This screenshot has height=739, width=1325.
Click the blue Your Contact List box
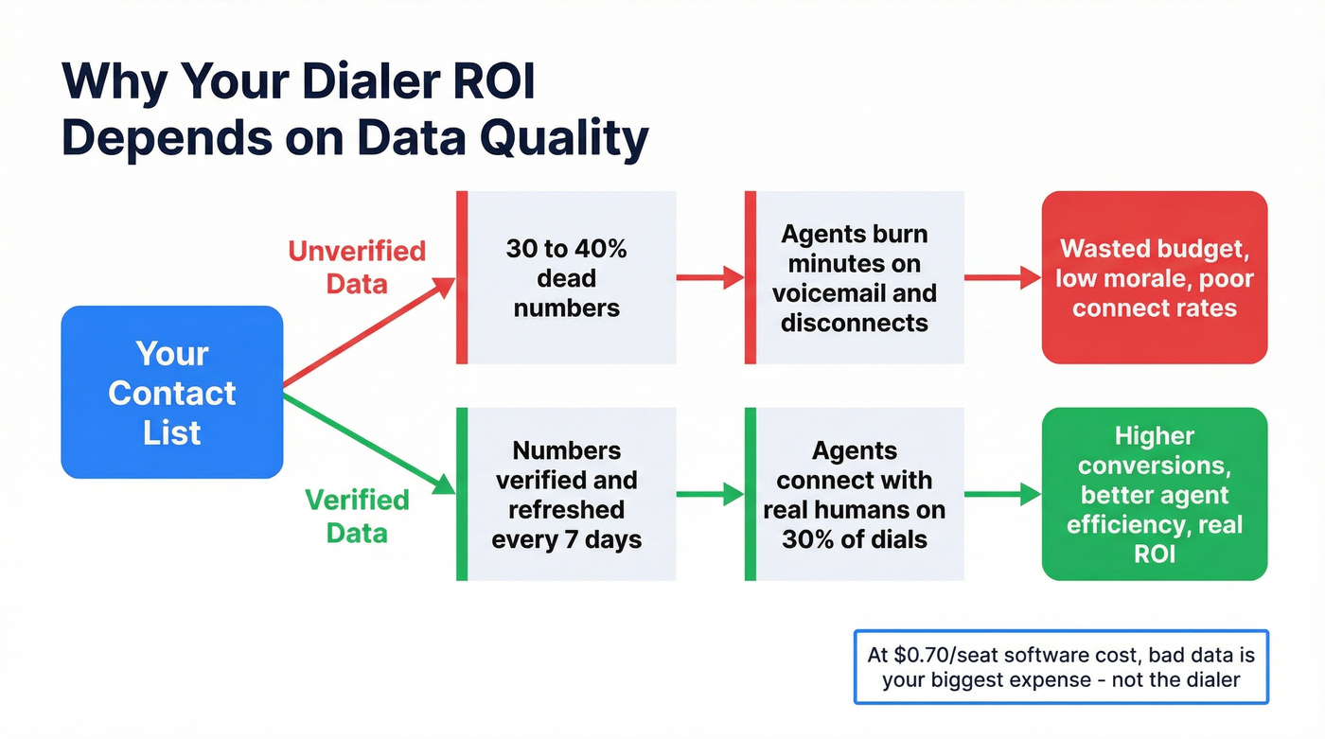click(171, 392)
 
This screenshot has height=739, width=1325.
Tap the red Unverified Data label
click(357, 267)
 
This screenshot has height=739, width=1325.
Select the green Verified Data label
click(357, 515)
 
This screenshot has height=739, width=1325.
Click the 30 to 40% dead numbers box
click(566, 277)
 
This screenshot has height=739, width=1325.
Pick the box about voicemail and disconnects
click(855, 277)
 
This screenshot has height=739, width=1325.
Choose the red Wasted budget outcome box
click(1154, 277)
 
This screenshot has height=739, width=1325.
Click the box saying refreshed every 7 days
click(566, 494)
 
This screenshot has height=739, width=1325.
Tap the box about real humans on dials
click(855, 494)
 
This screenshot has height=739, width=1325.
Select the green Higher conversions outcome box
click(1154, 494)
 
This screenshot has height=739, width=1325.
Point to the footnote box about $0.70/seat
click(1060, 666)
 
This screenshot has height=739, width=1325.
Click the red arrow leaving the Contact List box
click(369, 332)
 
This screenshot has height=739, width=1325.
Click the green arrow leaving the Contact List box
click(369, 443)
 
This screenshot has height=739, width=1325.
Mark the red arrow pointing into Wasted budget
click(1002, 277)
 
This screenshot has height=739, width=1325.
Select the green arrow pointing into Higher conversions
click(1002, 493)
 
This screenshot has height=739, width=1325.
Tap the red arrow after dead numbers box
click(710, 277)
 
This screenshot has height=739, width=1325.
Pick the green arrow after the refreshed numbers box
click(710, 493)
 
